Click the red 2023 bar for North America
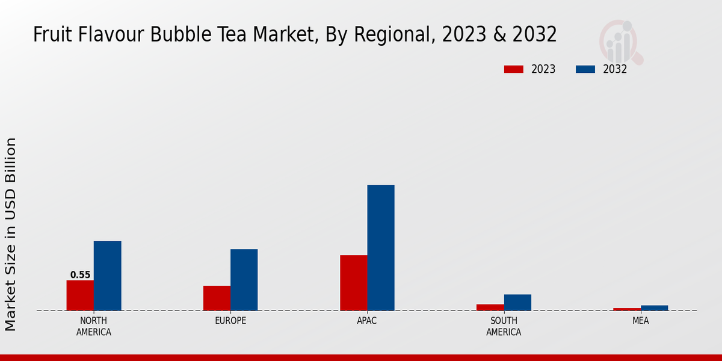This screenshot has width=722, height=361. tap(80, 295)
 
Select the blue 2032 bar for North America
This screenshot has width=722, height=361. tap(107, 276)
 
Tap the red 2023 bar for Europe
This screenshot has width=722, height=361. tap(217, 298)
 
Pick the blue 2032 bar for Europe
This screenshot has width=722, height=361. tap(244, 280)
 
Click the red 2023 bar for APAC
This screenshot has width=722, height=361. tap(353, 283)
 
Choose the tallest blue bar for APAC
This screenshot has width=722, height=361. tap(381, 247)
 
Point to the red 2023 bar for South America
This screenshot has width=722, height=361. tap(490, 307)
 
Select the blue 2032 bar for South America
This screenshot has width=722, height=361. tap(517, 302)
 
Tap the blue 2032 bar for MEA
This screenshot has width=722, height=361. tap(654, 308)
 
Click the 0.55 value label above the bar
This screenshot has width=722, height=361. tap(80, 275)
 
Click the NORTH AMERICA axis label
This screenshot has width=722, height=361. tap(94, 326)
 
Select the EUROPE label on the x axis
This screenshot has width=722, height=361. tap(230, 321)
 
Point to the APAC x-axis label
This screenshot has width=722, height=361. tap(367, 321)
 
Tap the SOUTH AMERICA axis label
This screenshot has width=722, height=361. tap(504, 326)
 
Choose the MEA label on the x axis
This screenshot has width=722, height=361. tap(640, 321)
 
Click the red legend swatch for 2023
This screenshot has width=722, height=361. tap(514, 69)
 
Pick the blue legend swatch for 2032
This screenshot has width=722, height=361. tap(585, 69)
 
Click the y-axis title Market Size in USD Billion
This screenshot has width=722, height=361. tap(11, 234)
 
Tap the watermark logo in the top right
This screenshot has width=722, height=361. tap(620, 42)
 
